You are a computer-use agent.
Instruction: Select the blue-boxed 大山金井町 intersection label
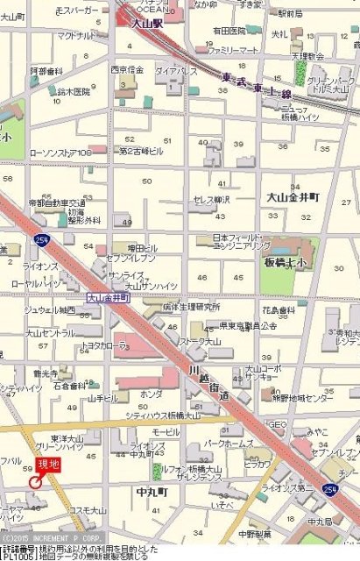click(x=107, y=298)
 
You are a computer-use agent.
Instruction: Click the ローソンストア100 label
click(x=60, y=153)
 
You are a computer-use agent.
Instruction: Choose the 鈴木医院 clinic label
click(x=74, y=91)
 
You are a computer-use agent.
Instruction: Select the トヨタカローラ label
click(x=104, y=345)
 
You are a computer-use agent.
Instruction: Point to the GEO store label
click(x=279, y=424)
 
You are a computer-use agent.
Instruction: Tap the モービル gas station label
click(x=166, y=432)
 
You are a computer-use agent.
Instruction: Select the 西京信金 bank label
click(x=127, y=69)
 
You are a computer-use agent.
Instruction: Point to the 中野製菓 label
click(x=255, y=532)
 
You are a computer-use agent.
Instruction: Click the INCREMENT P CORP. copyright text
click(x=54, y=537)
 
